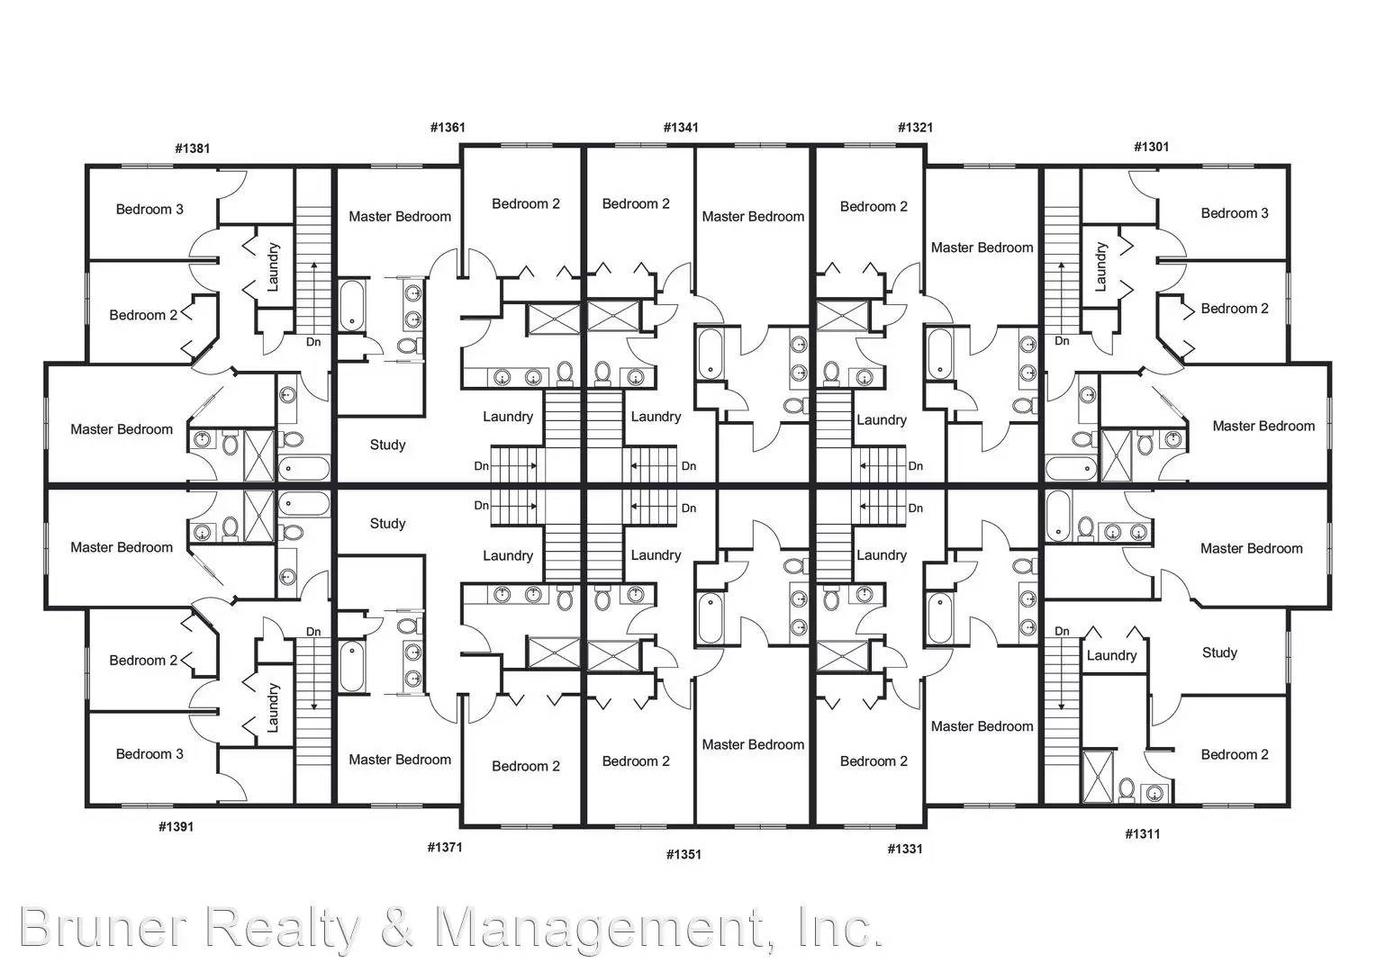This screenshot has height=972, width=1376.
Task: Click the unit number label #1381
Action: tap(193, 148)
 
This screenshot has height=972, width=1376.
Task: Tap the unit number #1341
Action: tap(681, 128)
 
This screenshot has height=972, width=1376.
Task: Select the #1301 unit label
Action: tap(1151, 147)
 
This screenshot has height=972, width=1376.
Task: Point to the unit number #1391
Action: tap(177, 827)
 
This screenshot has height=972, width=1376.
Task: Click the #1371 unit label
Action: tap(445, 848)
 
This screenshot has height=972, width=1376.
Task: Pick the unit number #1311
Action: tap(1143, 833)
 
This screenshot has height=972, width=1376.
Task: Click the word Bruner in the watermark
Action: tap(104, 927)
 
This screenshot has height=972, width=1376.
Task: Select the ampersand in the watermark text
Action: tap(397, 927)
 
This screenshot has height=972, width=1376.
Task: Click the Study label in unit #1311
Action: tap(1219, 652)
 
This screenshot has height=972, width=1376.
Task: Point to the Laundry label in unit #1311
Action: tap(1111, 656)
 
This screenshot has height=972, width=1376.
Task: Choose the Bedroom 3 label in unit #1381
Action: tap(149, 210)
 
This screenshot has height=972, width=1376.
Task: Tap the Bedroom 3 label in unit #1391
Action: tap(149, 754)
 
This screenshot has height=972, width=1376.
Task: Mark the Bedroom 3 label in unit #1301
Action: tap(1234, 213)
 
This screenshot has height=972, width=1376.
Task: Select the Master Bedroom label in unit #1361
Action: tap(400, 217)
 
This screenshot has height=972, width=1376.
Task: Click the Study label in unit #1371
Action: tap(387, 524)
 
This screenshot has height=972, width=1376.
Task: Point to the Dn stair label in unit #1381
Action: tap(313, 342)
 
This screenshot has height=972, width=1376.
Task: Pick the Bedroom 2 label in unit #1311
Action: tap(1234, 754)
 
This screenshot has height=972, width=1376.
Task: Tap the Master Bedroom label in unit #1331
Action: tap(982, 726)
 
